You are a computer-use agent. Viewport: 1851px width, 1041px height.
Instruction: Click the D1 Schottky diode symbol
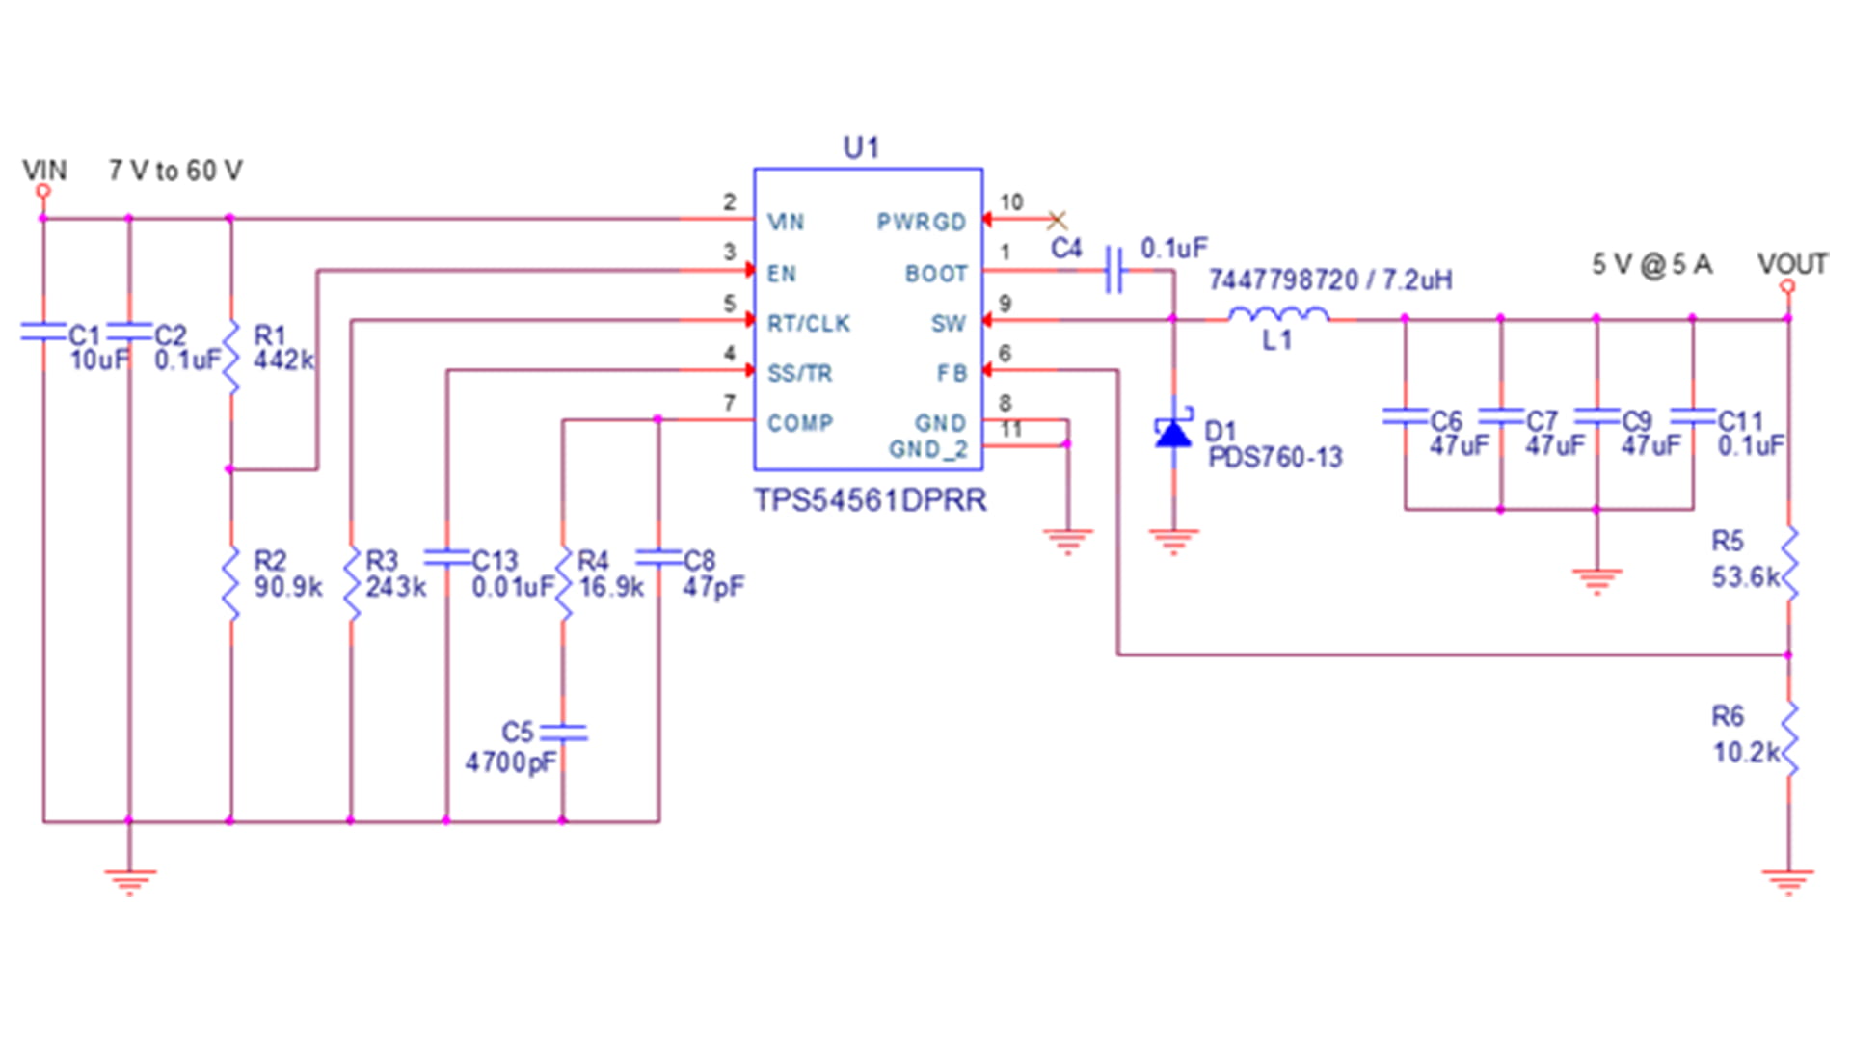click(1173, 433)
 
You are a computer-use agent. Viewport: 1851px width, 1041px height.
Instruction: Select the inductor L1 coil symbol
click(1278, 314)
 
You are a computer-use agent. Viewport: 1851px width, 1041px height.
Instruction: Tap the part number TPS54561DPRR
click(870, 500)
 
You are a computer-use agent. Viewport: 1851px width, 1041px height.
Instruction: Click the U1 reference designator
click(861, 147)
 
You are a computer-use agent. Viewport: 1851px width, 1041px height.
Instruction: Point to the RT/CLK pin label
click(808, 324)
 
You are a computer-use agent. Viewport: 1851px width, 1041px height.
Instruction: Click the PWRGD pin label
click(921, 222)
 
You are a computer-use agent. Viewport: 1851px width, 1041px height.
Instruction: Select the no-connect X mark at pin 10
click(1057, 221)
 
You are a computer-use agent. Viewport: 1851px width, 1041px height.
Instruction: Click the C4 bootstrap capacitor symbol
click(1114, 270)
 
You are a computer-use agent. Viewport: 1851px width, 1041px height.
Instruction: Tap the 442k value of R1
click(283, 360)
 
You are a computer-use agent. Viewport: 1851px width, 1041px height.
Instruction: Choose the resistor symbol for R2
click(230, 584)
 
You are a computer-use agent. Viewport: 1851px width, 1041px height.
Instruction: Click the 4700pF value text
click(511, 762)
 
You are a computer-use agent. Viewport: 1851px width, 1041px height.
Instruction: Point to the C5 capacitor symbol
click(564, 733)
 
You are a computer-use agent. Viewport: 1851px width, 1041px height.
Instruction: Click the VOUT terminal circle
click(1787, 286)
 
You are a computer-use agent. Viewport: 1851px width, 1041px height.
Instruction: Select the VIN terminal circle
click(42, 191)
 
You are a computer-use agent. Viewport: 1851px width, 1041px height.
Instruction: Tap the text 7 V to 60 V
click(175, 171)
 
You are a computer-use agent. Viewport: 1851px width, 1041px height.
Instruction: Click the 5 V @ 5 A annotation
click(1651, 264)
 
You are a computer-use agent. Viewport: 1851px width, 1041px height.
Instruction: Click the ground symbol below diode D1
click(1173, 541)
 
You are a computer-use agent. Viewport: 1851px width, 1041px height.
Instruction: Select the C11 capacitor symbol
click(1693, 415)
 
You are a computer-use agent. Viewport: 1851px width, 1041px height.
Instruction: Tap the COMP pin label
click(799, 423)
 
